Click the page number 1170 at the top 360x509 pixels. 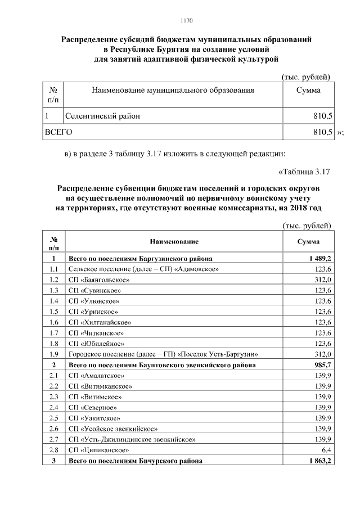tap(187, 21)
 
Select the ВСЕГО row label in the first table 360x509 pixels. tap(58, 132)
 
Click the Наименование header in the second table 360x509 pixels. tap(174, 241)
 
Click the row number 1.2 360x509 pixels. tap(55, 280)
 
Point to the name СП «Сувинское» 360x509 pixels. tap(93, 290)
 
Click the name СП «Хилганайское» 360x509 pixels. tap(100, 322)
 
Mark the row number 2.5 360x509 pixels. tap(55, 418)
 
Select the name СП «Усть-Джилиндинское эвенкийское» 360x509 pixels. tap(132, 439)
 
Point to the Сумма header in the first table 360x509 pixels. tap(308, 90)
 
